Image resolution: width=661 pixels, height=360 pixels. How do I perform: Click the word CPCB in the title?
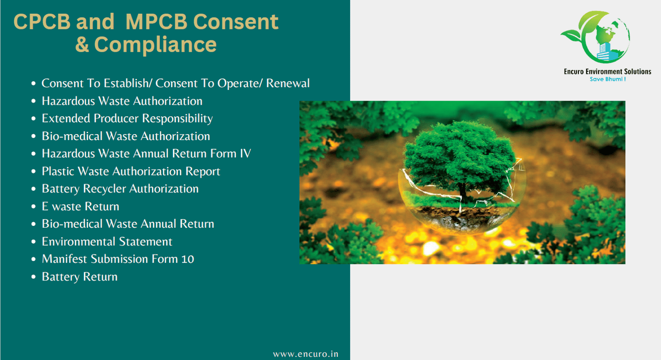point(42,22)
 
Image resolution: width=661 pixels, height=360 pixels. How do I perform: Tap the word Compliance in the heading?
point(156,45)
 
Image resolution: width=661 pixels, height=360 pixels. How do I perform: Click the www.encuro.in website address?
point(305,354)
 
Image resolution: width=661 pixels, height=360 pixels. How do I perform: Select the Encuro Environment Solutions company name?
point(607,72)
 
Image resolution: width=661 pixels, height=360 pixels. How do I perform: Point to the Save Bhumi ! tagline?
point(608,79)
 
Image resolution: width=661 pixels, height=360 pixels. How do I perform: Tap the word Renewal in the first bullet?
point(288,83)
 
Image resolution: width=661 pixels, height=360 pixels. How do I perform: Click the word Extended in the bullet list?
point(66,118)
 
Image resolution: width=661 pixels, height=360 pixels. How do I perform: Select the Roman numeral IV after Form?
point(245,153)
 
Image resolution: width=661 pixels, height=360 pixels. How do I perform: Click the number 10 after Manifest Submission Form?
point(188,259)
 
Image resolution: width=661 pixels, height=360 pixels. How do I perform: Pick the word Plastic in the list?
point(58,171)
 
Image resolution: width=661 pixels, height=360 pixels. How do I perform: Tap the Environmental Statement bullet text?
point(107,242)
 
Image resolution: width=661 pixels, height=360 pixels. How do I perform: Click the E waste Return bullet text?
point(80,207)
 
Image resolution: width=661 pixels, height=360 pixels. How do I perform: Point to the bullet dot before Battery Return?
point(34,277)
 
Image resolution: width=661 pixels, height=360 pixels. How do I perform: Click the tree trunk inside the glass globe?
point(463,193)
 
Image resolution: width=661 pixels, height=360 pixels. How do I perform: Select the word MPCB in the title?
point(157,22)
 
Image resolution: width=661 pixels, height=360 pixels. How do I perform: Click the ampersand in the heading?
point(82,45)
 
